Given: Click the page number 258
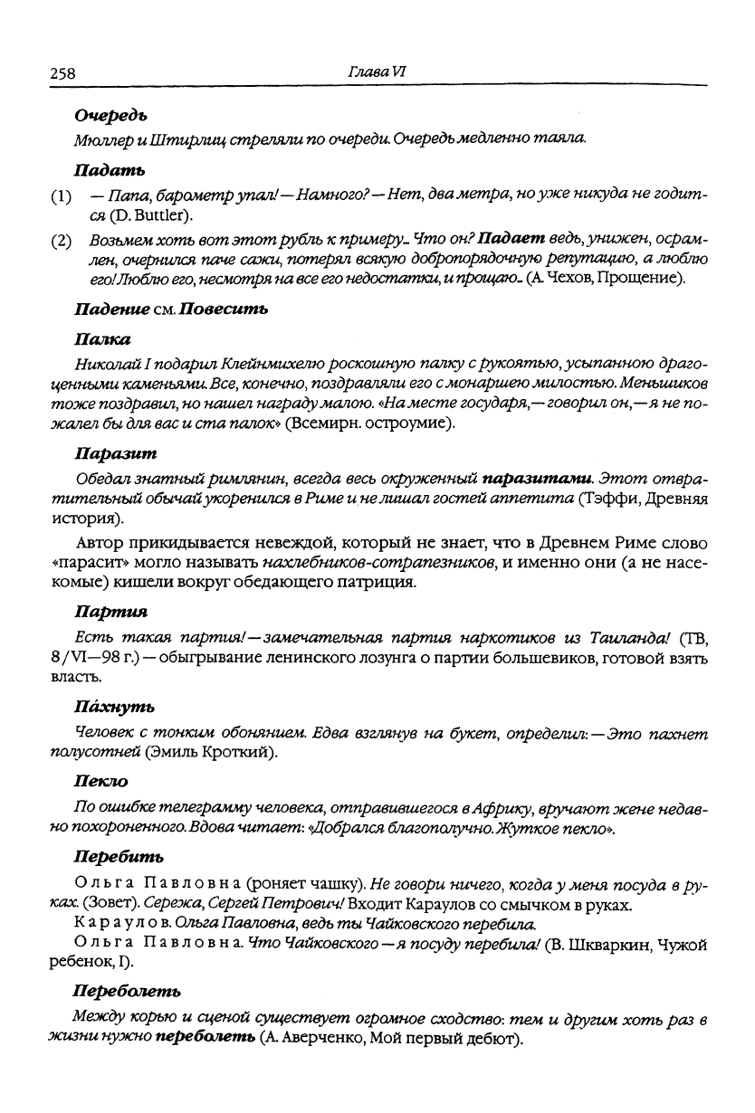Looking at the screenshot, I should [x=62, y=73].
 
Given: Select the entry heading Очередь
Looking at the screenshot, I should [x=110, y=116].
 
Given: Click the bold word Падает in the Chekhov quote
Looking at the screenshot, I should [x=511, y=241].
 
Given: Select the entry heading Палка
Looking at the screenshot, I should [x=101, y=339].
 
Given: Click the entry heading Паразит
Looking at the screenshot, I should [x=115, y=452].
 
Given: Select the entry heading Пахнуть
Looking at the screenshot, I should [x=113, y=706].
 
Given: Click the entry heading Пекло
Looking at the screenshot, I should [x=100, y=780].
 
